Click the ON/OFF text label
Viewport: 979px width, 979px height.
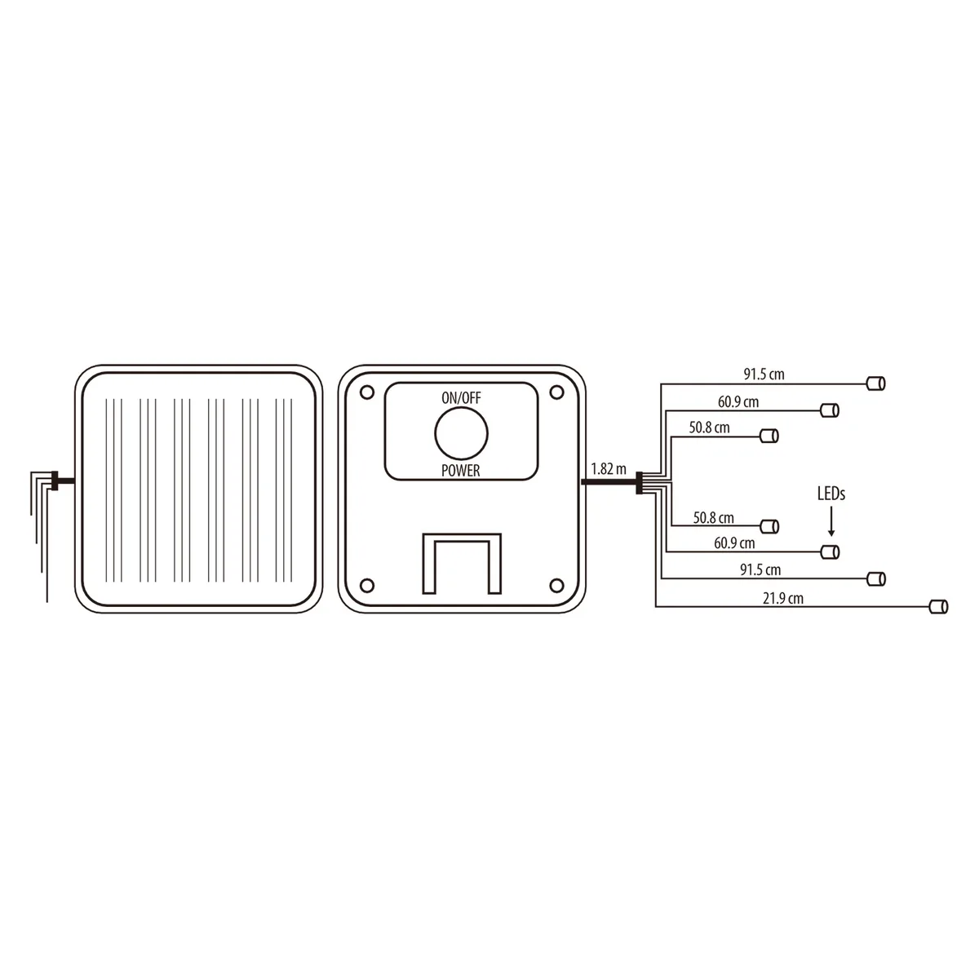(x=461, y=398)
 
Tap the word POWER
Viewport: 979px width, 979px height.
(x=460, y=471)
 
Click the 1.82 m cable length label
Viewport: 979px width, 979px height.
(x=608, y=468)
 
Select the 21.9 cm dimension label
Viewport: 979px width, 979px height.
(x=783, y=599)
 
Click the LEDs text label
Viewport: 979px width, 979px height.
(x=831, y=494)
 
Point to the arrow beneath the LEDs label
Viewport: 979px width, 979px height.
(x=831, y=523)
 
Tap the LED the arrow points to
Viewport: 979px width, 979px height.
(x=831, y=552)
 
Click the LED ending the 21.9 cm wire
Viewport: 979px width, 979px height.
(x=938, y=607)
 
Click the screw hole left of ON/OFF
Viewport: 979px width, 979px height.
(x=367, y=392)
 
